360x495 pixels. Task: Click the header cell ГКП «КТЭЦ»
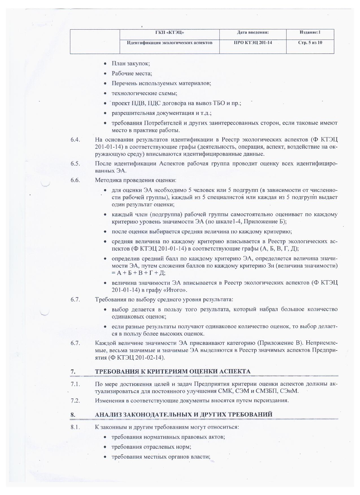pos(169,33)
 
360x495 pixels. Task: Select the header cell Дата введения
pos(253,33)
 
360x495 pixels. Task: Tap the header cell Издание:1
pos(310,33)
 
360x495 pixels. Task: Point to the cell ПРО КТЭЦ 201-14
pos(253,43)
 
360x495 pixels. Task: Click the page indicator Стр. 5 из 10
pos(310,43)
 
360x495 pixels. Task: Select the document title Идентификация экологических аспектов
pos(169,43)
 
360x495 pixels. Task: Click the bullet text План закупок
pos(130,63)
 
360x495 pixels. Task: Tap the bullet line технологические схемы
pos(144,93)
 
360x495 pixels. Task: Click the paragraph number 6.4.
pos(75,140)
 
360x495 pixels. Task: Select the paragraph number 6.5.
pos(75,164)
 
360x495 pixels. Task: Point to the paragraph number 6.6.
pos(75,180)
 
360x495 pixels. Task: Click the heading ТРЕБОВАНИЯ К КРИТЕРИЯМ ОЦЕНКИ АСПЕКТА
pos(173,371)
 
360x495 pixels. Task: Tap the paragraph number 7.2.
pos(75,400)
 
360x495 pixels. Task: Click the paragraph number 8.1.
pos(75,427)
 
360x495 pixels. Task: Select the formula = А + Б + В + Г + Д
pos(138,273)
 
